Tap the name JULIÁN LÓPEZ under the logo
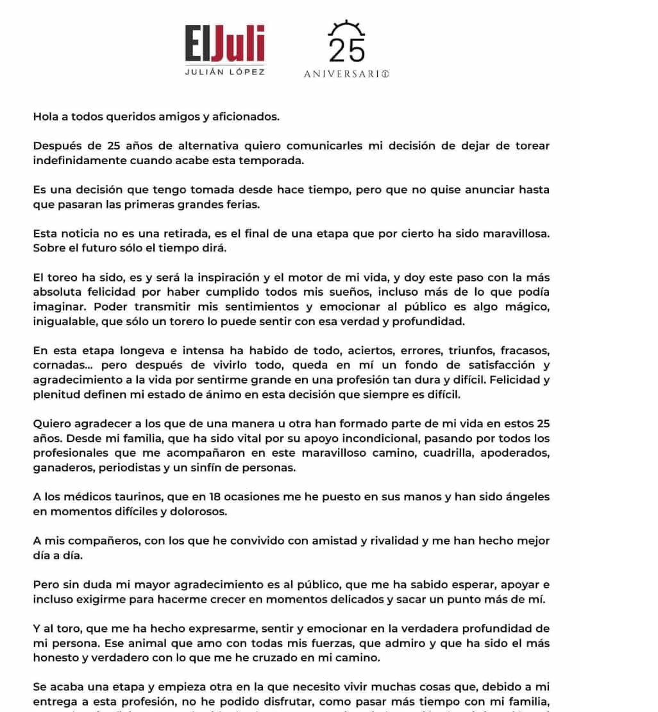(x=224, y=72)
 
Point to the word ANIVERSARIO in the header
(x=346, y=74)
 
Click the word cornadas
(x=59, y=365)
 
